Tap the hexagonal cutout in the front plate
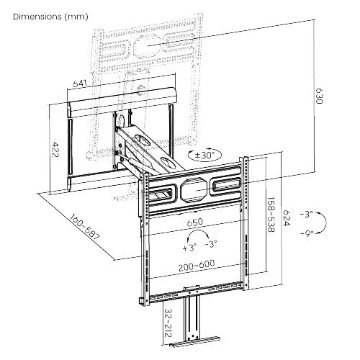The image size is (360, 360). [193, 190]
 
